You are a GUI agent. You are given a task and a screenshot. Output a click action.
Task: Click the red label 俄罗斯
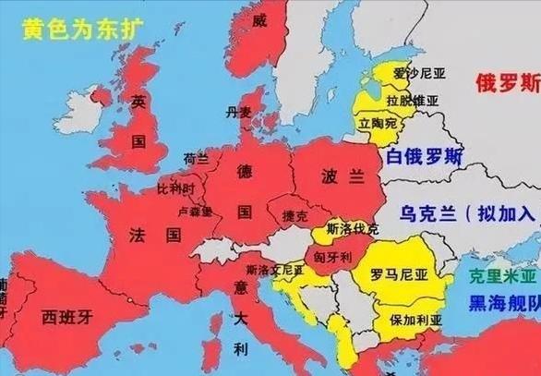[507, 83]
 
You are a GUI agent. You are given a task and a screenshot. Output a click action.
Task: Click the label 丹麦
[239, 113]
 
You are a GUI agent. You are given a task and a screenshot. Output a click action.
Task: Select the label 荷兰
[197, 159]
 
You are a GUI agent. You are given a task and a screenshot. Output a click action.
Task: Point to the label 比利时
[175, 188]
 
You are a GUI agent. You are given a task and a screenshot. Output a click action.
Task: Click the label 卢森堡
[195, 211]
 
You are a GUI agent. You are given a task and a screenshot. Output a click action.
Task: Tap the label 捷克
[294, 215]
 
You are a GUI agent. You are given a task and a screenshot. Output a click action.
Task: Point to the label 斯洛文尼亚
[274, 270]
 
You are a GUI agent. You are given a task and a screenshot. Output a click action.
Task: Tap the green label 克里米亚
[501, 276]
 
